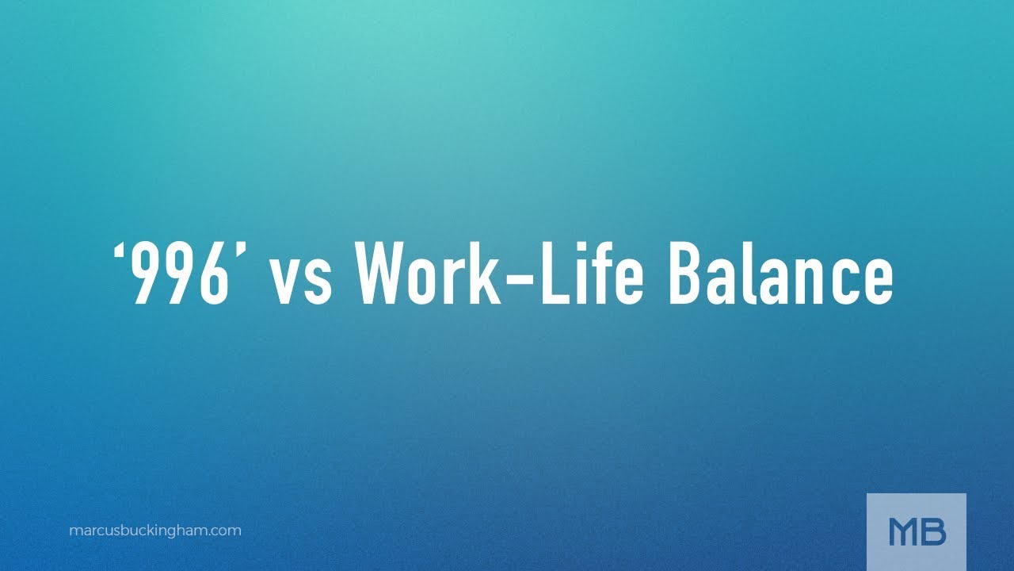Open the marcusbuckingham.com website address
pyautogui.click(x=155, y=531)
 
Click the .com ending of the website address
pyautogui.click(x=227, y=531)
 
